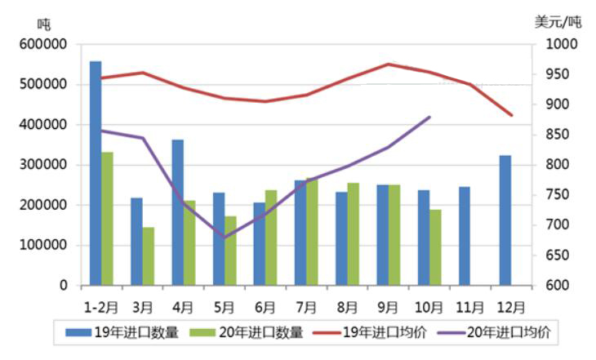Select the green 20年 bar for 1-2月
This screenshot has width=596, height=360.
click(108, 219)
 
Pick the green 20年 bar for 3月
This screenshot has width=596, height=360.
click(149, 256)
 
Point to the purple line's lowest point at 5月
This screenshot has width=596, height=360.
click(225, 238)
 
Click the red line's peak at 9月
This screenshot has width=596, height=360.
click(389, 64)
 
